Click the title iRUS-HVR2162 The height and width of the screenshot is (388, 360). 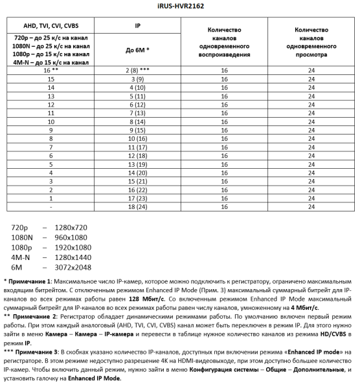pyautogui.click(x=179, y=7)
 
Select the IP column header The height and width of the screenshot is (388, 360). pyautogui.click(x=137, y=26)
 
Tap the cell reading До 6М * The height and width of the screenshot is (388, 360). pyautogui.click(x=137, y=49)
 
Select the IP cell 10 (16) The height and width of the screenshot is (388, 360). pyautogui.click(x=137, y=138)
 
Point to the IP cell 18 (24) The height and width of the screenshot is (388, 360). pyautogui.click(x=137, y=208)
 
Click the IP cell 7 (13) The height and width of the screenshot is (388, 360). pyautogui.click(x=137, y=113)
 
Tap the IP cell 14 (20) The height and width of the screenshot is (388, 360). pyautogui.click(x=137, y=173)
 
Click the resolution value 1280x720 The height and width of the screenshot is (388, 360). pyautogui.click(x=71, y=228)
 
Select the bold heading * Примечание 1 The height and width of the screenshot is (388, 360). pyautogui.click(x=31, y=283)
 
